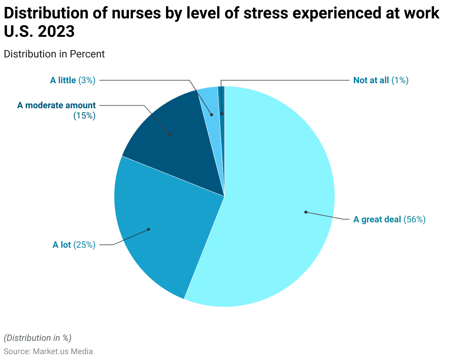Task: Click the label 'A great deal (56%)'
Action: coord(389,220)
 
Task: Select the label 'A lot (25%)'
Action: coord(74,245)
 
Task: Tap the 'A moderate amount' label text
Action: coord(56,105)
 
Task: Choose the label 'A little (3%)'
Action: coord(73,80)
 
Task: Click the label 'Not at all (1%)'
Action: coord(381,80)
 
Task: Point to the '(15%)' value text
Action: coord(84,116)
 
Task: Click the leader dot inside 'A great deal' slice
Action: coord(305,212)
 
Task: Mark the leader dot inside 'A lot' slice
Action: coord(149,229)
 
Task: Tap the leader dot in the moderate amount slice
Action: coord(170,134)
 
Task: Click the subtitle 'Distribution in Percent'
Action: coord(54,54)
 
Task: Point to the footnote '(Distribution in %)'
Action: coord(38,338)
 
